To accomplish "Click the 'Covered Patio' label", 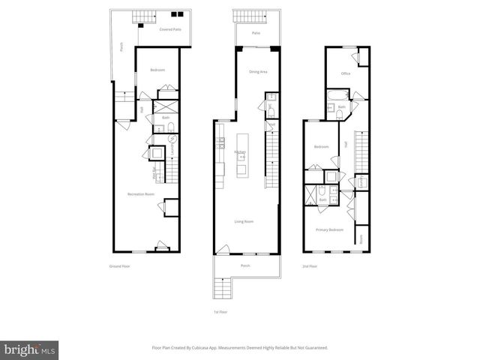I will pos(170,29).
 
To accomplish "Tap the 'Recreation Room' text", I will pos(140,194).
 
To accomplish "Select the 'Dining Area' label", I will pos(258,71).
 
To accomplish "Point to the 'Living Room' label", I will pos(244,221).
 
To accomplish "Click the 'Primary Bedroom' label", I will pos(329,229).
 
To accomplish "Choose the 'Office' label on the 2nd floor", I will pos(346,73).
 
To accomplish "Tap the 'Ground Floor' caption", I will pos(120,266).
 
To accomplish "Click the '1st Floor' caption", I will pos(220,311).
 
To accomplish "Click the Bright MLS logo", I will pos(30,349).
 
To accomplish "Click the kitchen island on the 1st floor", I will pos(242,155).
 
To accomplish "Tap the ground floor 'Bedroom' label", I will pos(157,70).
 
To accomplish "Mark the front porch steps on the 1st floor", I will pos(222,287).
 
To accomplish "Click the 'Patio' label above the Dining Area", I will pos(255,33).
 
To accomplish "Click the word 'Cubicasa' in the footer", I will pos(215,347).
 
